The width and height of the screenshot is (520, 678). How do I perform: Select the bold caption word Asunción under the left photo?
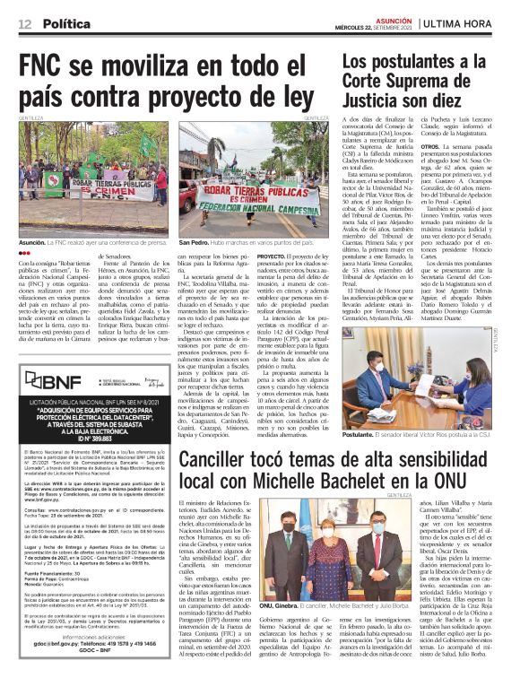click(33, 242)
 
